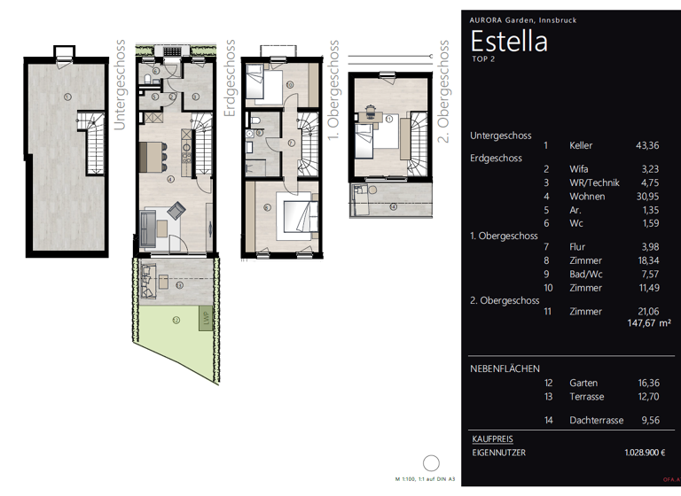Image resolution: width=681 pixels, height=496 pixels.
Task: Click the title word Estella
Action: click(x=508, y=42)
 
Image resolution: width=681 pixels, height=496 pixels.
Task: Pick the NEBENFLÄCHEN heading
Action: click(x=505, y=368)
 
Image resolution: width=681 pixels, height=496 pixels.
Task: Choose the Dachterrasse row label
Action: click(x=594, y=421)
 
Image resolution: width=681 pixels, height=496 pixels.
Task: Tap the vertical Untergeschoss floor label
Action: click(x=121, y=85)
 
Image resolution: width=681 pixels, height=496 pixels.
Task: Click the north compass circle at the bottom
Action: click(x=432, y=463)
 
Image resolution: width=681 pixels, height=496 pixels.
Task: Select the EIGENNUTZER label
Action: click(x=500, y=453)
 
